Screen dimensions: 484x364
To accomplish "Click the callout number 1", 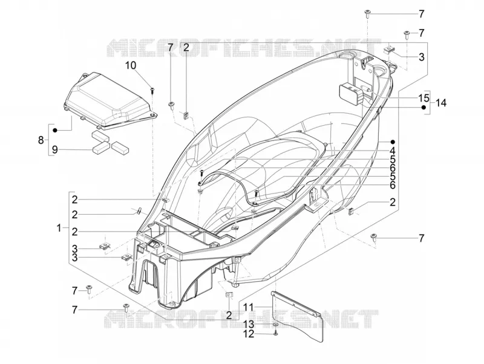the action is point(59,229).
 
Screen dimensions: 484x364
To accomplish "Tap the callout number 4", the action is point(392,151).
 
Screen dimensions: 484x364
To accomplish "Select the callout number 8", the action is point(41,140).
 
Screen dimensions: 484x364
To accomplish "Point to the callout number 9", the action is point(54,150).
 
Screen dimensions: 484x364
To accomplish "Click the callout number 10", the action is point(131,65).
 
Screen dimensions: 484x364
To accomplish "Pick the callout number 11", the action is point(249,307).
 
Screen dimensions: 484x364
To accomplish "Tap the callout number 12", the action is point(249,334).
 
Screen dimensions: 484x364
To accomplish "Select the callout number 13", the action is point(249,324).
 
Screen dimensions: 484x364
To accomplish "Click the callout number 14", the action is point(441,103).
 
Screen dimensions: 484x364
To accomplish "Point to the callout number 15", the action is point(424,98).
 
